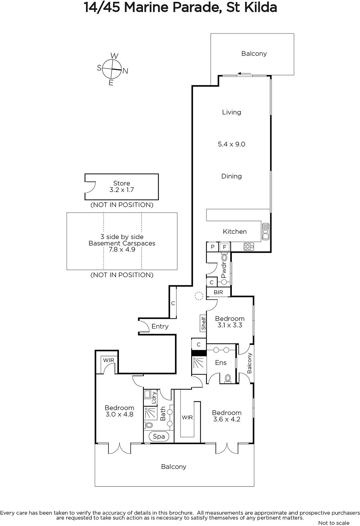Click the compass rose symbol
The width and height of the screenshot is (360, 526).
coord(112,69)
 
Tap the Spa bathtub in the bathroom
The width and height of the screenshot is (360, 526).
coord(159,437)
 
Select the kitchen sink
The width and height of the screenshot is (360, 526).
coord(265,231)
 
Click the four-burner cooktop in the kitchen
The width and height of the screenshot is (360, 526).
coord(249,247)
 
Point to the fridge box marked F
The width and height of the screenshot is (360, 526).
coord(225,247)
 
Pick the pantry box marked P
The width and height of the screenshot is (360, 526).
coord(213,247)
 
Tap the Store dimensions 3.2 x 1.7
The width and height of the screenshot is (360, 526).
coord(122,190)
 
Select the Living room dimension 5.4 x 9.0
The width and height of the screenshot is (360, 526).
coord(231,144)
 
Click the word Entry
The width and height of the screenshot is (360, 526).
coord(160,326)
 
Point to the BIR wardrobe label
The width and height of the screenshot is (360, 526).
coord(218,292)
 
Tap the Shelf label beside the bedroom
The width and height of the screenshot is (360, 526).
coord(203,323)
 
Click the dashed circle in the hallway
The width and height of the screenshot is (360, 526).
coord(199,296)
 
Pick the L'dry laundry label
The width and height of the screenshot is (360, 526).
coord(154,398)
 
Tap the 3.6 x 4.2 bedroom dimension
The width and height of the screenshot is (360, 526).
coord(227,419)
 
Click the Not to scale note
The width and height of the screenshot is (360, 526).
coord(334,523)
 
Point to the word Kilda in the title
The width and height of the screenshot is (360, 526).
coord(261,8)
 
